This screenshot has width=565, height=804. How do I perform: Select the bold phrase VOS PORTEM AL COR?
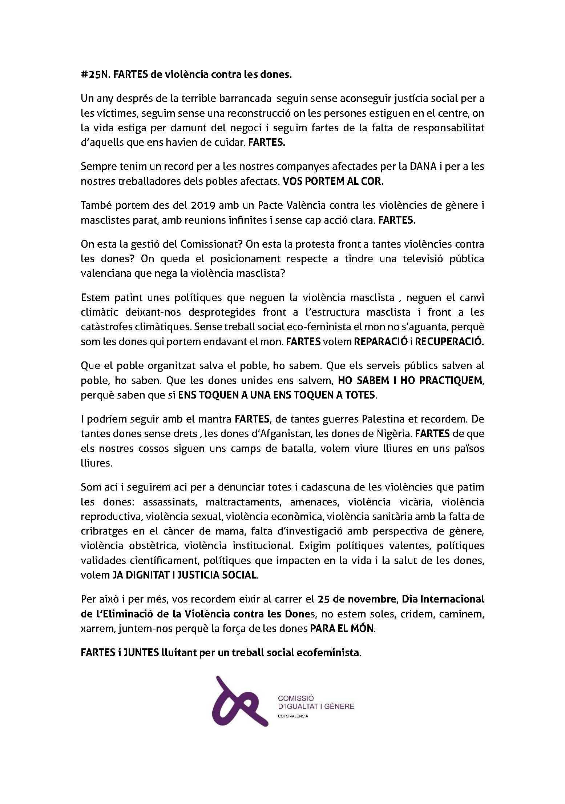coord(333,181)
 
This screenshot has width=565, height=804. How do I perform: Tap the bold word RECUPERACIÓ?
coord(450,341)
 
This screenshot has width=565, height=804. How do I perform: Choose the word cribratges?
coord(104,531)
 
